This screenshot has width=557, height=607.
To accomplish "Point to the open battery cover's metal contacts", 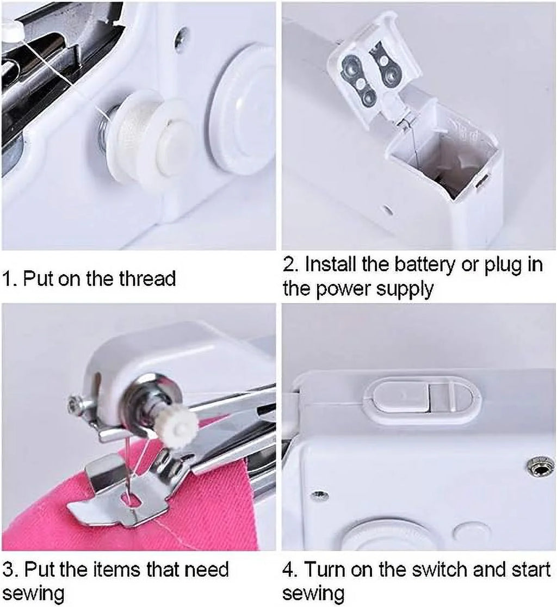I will click(370, 76).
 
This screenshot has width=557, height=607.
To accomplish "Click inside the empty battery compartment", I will click(446, 163).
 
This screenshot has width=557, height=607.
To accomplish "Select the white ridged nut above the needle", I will click(178, 425).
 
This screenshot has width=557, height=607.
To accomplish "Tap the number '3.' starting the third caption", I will click(10, 570).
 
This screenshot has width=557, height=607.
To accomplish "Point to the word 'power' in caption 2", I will click(345, 290).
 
